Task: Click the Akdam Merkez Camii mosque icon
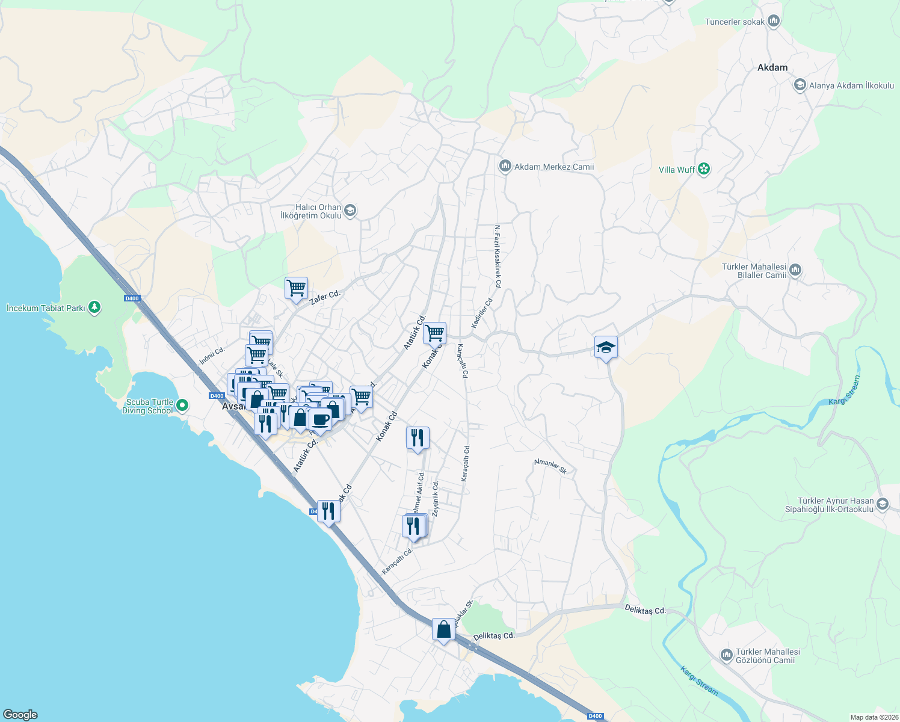(x=505, y=166)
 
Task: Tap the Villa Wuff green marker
(x=704, y=170)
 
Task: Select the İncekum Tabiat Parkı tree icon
(x=94, y=307)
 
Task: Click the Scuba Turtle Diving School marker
(x=181, y=406)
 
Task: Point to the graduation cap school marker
(x=606, y=347)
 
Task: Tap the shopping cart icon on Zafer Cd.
(x=296, y=288)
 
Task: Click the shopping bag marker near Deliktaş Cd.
(x=443, y=629)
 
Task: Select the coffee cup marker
(x=320, y=419)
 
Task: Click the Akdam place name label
(x=772, y=67)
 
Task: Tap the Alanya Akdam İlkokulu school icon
(x=800, y=85)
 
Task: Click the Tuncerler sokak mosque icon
(x=774, y=22)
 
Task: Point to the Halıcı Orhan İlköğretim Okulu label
(x=311, y=211)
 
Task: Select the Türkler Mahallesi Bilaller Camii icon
(x=795, y=270)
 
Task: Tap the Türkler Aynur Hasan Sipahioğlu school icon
(x=883, y=504)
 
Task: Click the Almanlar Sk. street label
(x=550, y=466)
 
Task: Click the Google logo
(x=20, y=715)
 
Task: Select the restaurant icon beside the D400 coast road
(x=328, y=511)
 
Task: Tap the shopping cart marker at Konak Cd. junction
(x=434, y=333)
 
